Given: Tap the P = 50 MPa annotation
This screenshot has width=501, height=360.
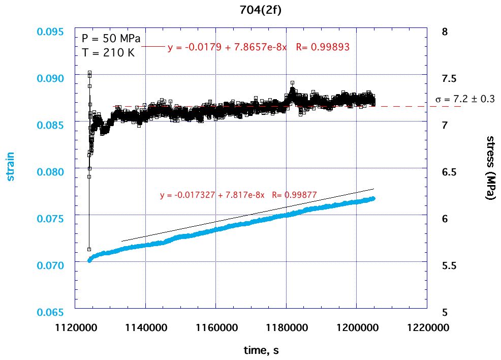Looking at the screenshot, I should [111, 39].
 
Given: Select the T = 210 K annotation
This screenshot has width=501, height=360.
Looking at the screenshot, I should [108, 52].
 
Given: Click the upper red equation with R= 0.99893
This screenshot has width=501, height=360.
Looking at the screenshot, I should [259, 47].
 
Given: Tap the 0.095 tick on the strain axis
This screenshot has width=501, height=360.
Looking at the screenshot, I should [51, 32].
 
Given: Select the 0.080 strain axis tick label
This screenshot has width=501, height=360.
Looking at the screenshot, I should [51, 171].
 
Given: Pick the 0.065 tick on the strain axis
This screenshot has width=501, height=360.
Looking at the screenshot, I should [51, 312].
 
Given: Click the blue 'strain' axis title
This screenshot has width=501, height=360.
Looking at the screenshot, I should [11, 167].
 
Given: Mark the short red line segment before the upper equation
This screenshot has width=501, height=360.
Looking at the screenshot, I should [153, 46].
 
